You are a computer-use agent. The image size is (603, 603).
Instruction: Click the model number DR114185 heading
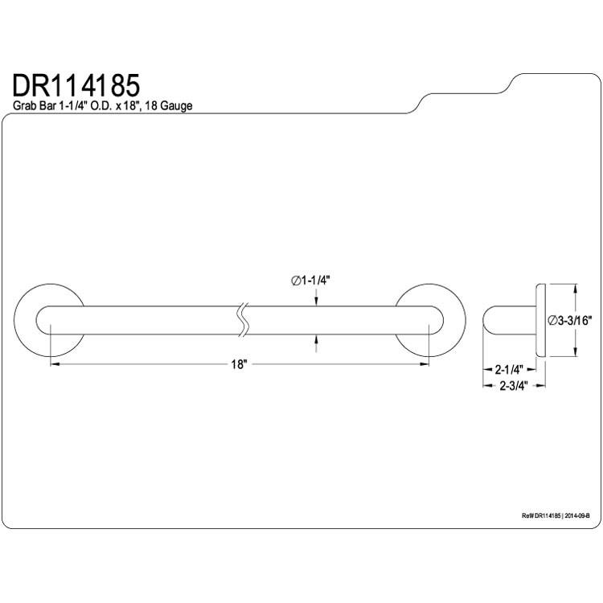[x=76, y=85]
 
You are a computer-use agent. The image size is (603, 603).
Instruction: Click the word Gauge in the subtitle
[x=176, y=106]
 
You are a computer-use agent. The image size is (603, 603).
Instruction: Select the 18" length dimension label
[x=239, y=364]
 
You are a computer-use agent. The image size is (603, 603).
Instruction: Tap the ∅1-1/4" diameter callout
[x=310, y=281]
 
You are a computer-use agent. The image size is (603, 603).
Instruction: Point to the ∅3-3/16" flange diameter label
[x=570, y=320]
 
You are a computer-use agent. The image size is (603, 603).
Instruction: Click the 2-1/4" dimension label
[x=509, y=370]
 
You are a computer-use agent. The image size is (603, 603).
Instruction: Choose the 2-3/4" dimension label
[x=513, y=386]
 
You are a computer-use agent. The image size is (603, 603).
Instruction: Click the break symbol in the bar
[x=243, y=320]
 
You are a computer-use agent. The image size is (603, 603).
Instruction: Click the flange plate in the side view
[x=541, y=320]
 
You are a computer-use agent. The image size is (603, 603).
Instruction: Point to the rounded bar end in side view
[x=488, y=320]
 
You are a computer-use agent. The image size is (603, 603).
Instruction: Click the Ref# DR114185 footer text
[x=542, y=516]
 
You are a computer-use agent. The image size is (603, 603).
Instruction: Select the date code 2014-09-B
[x=577, y=516]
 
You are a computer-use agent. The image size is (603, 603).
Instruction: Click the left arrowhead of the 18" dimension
[x=55, y=364]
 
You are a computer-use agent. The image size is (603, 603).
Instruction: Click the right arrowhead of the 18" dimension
[x=425, y=364]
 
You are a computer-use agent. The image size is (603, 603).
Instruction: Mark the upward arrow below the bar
[x=316, y=343]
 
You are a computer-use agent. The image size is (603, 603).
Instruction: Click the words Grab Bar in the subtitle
[x=35, y=106]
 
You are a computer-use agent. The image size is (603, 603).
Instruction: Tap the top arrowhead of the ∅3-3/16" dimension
[x=575, y=289]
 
